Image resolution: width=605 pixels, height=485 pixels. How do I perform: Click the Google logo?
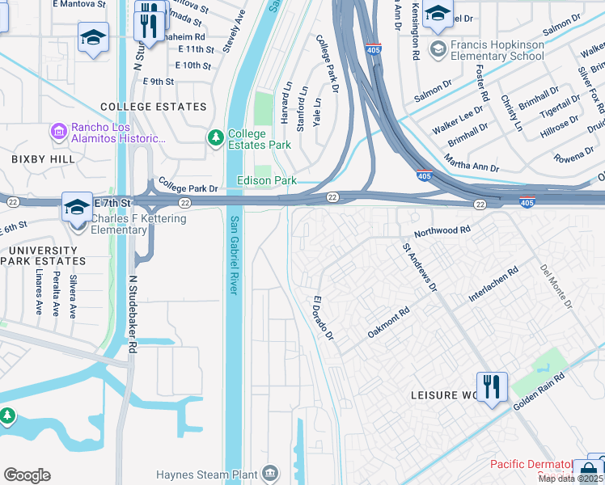point(27,475)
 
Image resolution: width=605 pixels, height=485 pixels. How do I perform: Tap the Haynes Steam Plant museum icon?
point(271,474)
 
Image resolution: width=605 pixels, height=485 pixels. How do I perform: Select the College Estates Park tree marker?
point(216,139)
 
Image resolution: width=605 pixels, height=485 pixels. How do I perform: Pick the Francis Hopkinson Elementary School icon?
point(438,49)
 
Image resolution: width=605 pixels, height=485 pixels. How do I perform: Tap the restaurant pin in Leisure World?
point(491,387)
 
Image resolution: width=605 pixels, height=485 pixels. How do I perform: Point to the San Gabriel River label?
point(235,255)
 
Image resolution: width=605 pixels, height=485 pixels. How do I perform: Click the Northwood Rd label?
point(442,231)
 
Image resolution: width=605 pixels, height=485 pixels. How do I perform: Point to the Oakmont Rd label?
point(388,322)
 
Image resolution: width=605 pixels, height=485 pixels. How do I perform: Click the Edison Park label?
point(266,181)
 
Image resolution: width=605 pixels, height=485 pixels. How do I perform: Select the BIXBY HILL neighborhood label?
point(34,160)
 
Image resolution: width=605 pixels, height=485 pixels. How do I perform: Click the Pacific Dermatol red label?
point(531,465)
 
